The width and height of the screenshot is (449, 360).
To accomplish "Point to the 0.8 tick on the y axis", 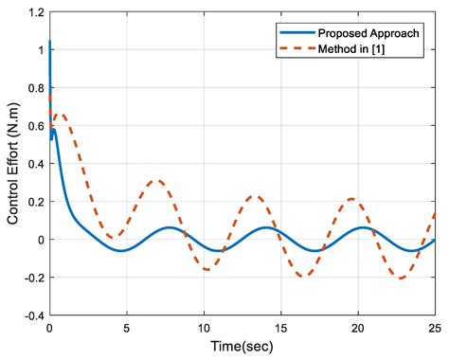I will click(x=35, y=89).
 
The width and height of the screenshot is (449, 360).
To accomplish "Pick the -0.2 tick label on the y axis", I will click(x=32, y=278).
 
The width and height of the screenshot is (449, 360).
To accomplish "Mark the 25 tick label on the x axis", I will click(x=433, y=328).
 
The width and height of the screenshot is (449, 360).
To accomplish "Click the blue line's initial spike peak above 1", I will click(x=49, y=42).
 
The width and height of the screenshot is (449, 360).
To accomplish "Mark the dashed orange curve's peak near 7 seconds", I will click(x=157, y=181).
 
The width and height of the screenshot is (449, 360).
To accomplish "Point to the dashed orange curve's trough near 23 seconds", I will click(x=402, y=279).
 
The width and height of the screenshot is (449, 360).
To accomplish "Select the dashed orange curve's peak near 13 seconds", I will click(x=255, y=196).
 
